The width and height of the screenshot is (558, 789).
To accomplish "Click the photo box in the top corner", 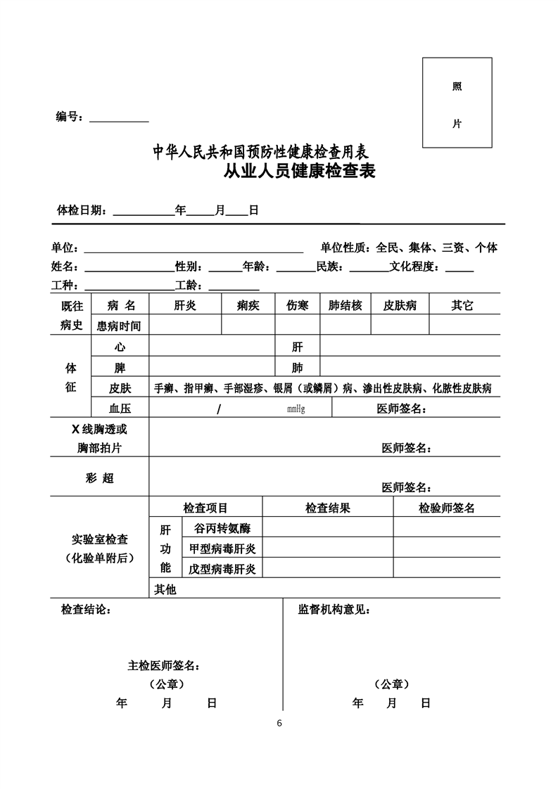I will click(457, 103).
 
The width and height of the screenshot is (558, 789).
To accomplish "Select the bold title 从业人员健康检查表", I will click(299, 171).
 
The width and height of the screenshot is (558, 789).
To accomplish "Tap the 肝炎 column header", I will click(185, 305).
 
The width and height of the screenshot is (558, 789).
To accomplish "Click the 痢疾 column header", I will click(248, 305).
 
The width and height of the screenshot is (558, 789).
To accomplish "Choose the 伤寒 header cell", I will click(297, 305).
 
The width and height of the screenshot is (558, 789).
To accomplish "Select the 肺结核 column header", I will click(345, 305).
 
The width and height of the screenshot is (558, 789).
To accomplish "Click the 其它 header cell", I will click(462, 305).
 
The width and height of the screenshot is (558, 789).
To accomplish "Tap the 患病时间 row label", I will click(119, 326).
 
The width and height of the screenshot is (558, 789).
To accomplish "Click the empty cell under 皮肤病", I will click(400, 325).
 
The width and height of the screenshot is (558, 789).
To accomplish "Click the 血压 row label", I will click(120, 409).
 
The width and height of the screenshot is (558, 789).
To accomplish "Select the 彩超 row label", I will click(99, 478).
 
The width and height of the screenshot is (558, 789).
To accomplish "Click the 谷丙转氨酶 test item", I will click(217, 527).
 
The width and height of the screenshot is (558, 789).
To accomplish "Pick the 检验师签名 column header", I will click(446, 508).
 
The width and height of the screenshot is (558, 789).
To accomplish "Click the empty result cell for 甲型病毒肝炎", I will click(327, 548).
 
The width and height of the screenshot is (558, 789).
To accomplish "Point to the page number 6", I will click(279, 724).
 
